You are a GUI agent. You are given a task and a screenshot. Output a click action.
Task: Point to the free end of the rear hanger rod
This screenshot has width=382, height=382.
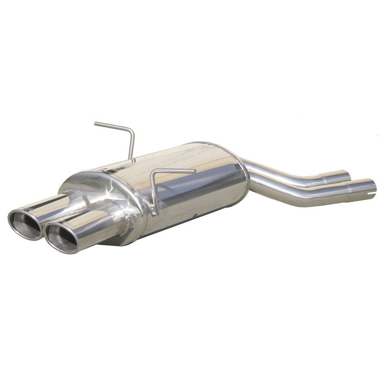point(96,124)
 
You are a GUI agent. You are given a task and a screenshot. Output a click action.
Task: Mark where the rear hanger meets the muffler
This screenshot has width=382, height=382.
point(130,160)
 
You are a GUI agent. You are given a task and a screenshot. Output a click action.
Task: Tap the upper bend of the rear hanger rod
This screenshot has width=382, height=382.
point(130,130)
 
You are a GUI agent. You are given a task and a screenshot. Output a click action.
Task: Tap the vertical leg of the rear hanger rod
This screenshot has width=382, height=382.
point(132,146)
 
